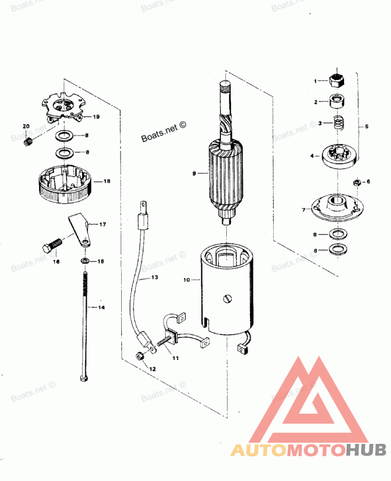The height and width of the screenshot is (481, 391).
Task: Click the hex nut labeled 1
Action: pyautogui.click(x=337, y=80)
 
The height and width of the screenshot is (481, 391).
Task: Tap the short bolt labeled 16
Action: pyautogui.click(x=51, y=245)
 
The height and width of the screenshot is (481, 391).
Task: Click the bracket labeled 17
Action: pyautogui.click(x=79, y=229)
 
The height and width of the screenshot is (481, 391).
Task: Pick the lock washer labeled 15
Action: pyautogui.click(x=85, y=261)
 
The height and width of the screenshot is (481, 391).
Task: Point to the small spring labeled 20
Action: pyautogui.click(x=29, y=142)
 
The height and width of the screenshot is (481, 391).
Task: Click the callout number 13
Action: pyautogui.click(x=154, y=277)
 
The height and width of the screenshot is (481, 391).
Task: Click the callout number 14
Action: pyautogui.click(x=101, y=307)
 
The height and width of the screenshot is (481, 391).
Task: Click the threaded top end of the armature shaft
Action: pyautogui.click(x=224, y=88)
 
